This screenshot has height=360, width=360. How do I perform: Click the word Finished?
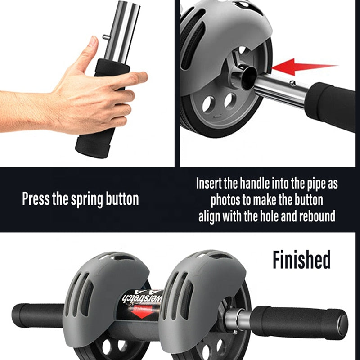[301, 260]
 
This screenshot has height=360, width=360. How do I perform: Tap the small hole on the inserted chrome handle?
[293, 82]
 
